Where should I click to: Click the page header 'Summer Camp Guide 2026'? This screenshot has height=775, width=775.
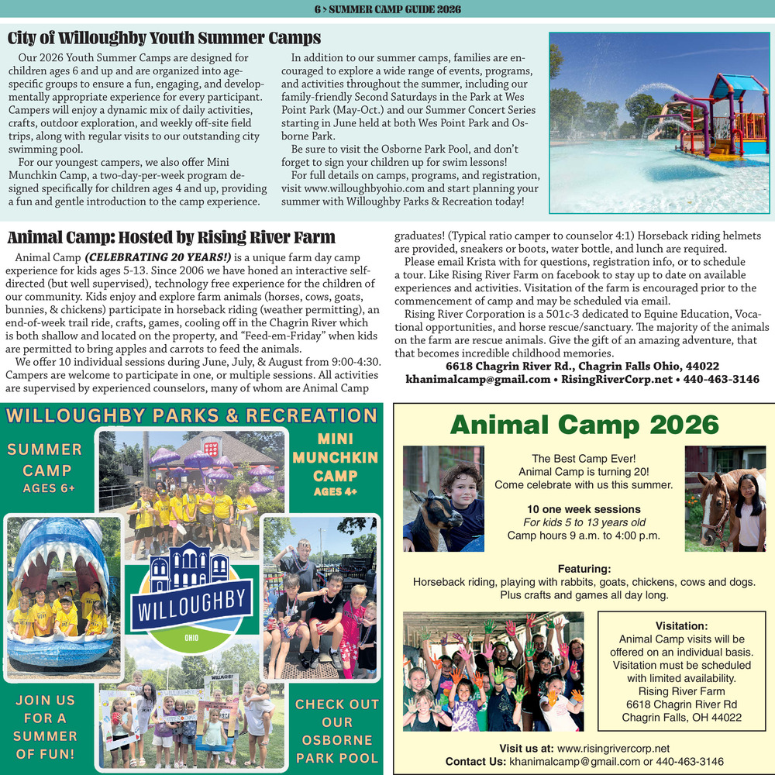tap(387, 9)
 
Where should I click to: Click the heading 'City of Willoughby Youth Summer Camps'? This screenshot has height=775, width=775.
tap(164, 38)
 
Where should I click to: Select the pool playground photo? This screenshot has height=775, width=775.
tap(659, 122)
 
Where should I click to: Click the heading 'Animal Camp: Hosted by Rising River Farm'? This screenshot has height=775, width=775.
tap(171, 237)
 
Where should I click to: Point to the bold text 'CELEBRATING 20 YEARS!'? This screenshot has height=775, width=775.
tap(158, 257)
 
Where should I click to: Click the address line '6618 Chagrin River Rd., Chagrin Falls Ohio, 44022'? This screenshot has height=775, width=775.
tap(582, 366)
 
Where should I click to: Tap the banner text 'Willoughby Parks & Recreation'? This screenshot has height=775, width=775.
tap(191, 415)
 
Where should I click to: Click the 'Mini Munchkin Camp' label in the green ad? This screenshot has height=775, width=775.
tap(336, 457)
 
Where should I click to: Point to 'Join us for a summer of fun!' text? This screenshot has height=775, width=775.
tap(45, 726)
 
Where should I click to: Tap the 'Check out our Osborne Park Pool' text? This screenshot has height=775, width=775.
tap(337, 731)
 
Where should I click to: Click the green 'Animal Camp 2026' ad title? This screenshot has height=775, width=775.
tap(584, 425)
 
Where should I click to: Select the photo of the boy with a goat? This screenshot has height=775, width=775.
tap(443, 498)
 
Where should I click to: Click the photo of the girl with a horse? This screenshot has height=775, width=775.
tap(725, 498)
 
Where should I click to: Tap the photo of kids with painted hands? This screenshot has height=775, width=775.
tap(493, 671)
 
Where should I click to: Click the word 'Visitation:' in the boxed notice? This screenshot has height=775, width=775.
tap(681, 625)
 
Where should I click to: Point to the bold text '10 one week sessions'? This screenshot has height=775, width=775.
tap(584, 509)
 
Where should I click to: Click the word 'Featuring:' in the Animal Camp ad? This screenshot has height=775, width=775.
tap(584, 569)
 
